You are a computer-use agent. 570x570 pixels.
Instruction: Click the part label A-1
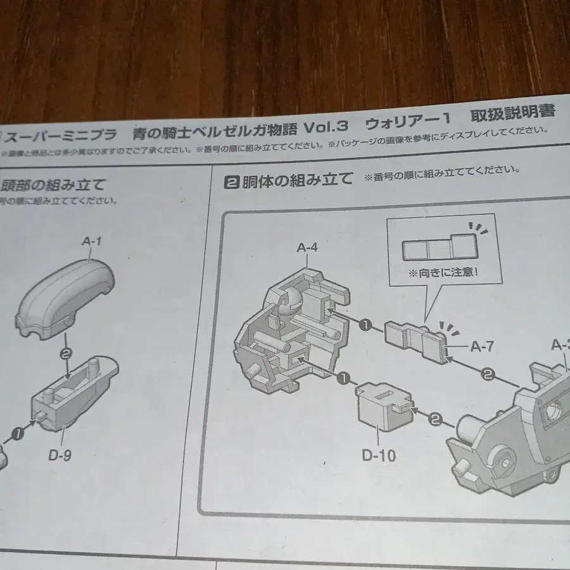point(91,241)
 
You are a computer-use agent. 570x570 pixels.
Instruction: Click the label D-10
point(379,455)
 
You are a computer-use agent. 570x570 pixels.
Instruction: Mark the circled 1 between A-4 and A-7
point(365,326)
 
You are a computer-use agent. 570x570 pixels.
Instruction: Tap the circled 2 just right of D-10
point(435,419)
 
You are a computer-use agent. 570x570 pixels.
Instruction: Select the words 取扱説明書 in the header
point(512,115)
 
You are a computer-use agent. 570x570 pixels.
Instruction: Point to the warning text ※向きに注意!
point(443,274)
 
